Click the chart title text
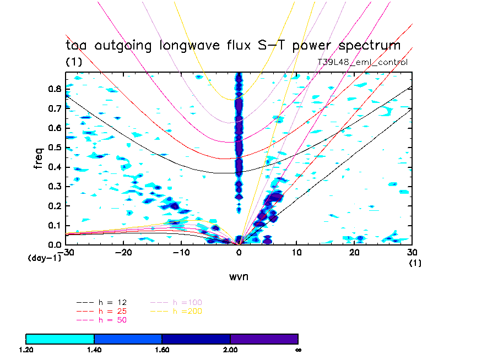pos(233,46)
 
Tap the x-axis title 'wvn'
pos(239,276)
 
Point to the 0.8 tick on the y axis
pos(54,88)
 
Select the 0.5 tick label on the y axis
pos(54,147)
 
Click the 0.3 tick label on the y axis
pos(54,186)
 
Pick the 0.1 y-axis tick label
pos(54,225)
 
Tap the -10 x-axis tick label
pos(180,252)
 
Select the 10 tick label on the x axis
pos(297,252)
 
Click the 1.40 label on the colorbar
pos(94,350)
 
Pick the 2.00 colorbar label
pos(230,350)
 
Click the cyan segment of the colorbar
pos(60,339)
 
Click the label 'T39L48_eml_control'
pos(362,62)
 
